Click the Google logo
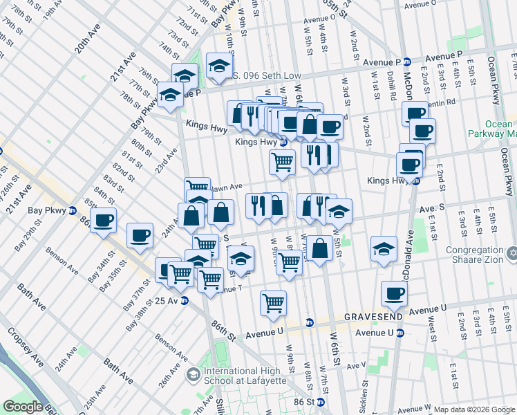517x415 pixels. coord(23,407)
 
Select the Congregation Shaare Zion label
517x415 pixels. coord(467,255)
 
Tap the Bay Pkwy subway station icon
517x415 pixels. coord(73,210)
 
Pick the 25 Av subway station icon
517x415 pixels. coord(185,301)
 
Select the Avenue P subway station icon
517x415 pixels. coord(408,62)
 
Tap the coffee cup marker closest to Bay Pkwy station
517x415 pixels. coord(104,221)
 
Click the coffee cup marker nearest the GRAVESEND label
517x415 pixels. coord(394,293)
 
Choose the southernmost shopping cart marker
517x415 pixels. coord(274,302)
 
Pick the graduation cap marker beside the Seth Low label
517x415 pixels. coord(219,67)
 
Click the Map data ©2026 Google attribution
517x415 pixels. coord(473,409)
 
